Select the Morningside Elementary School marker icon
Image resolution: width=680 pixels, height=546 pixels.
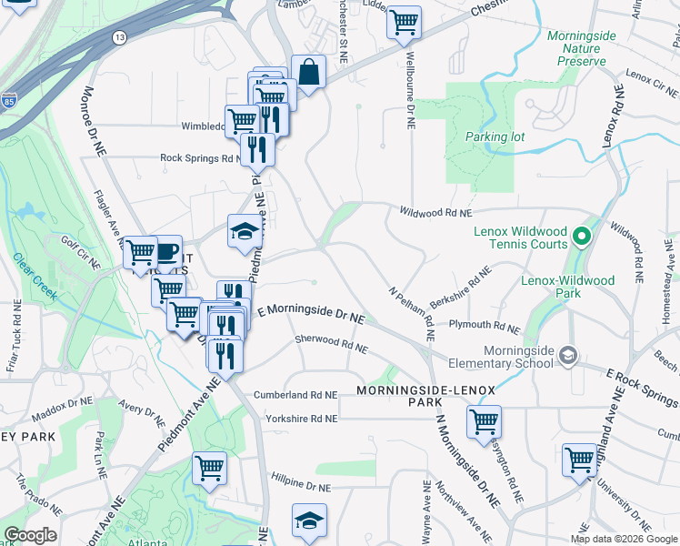click(x=568, y=354)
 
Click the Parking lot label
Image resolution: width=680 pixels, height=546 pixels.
click(x=495, y=136)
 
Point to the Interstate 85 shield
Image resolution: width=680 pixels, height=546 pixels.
click(x=9, y=100)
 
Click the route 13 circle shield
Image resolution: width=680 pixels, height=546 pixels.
click(x=120, y=37)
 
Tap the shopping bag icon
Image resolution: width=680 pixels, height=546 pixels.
click(x=308, y=73)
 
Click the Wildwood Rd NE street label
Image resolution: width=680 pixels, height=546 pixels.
click(x=436, y=212)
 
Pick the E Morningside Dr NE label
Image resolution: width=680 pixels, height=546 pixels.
click(x=310, y=315)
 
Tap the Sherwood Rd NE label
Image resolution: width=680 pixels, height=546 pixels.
click(x=331, y=343)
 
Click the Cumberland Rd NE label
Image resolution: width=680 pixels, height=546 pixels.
click(x=295, y=395)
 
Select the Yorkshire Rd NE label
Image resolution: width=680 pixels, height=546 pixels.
click(x=301, y=419)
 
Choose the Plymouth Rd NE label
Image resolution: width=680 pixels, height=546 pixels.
click(x=483, y=325)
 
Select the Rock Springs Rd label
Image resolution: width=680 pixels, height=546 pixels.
click(x=201, y=157)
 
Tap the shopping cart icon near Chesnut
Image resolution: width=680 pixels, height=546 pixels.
click(x=404, y=23)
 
